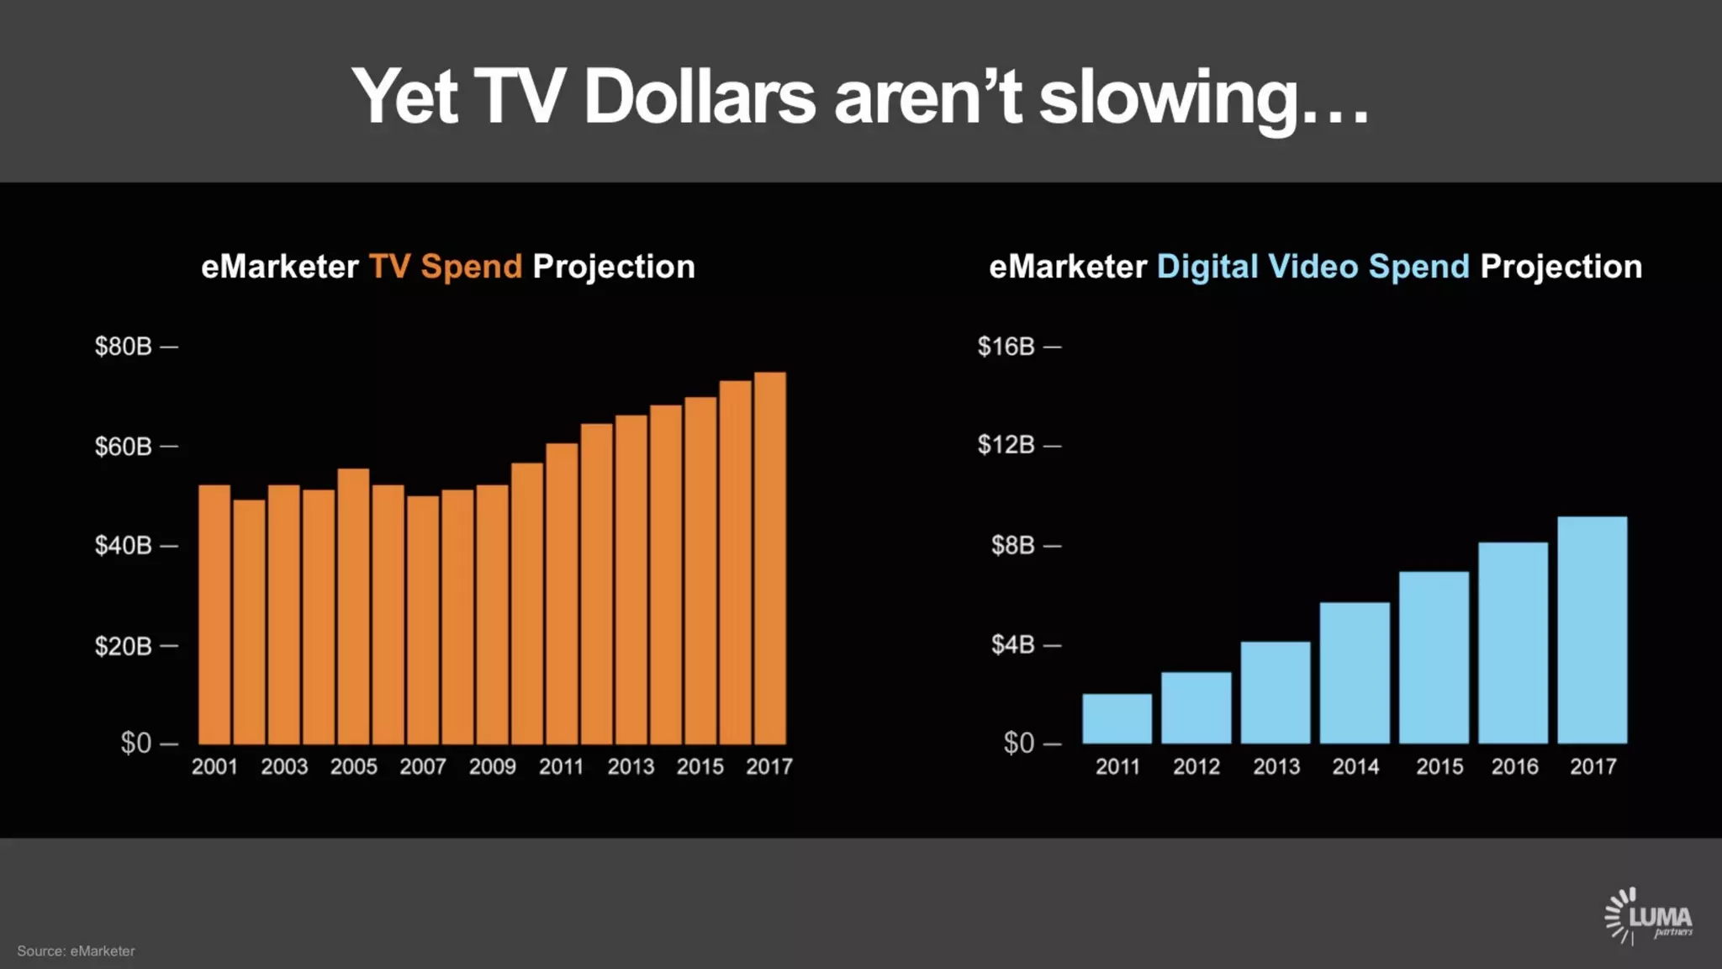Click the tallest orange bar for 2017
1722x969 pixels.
(770, 559)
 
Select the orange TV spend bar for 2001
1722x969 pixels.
(214, 614)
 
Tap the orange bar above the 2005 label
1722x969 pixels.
(353, 606)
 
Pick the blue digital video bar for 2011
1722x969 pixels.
(1117, 719)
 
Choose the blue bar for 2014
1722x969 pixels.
(1355, 673)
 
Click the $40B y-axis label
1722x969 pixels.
(124, 546)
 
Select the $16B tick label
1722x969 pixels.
(1006, 347)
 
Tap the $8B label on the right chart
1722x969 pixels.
(1013, 546)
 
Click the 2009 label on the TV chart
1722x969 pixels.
(492, 767)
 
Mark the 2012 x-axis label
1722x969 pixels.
(1196, 767)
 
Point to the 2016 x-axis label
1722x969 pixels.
(1514, 767)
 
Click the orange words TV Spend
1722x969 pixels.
(446, 267)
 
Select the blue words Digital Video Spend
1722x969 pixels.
(1313, 267)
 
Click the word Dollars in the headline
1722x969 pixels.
(699, 97)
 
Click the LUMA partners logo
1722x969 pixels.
(1648, 917)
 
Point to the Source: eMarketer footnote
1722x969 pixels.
(76, 951)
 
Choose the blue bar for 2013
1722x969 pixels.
(1275, 692)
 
